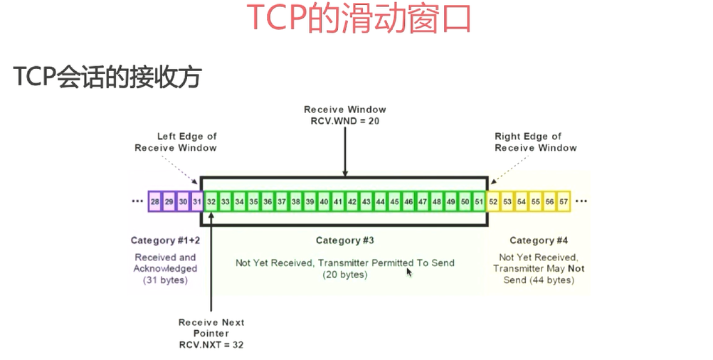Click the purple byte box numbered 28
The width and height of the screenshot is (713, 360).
(155, 202)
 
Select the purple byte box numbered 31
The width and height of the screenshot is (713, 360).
(197, 202)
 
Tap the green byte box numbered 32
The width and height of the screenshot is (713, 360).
(211, 202)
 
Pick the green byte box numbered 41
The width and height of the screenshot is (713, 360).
(338, 202)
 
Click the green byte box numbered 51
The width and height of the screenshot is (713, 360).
(478, 202)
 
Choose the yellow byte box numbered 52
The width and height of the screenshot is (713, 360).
(493, 202)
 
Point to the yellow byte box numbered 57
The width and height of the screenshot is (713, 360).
(564, 202)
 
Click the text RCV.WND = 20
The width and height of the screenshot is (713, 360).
(345, 121)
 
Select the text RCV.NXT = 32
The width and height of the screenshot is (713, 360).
(211, 344)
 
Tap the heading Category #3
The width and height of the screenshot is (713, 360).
(345, 240)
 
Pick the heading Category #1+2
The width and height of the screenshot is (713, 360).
(165, 240)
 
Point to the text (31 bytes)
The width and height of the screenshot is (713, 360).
(165, 280)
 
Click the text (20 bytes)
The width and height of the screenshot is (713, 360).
(345, 275)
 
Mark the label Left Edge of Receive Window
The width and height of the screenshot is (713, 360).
(176, 142)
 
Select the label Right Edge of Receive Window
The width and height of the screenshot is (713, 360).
(536, 142)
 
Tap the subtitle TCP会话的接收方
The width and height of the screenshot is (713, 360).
(107, 77)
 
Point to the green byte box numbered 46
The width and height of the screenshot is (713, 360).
(408, 202)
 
